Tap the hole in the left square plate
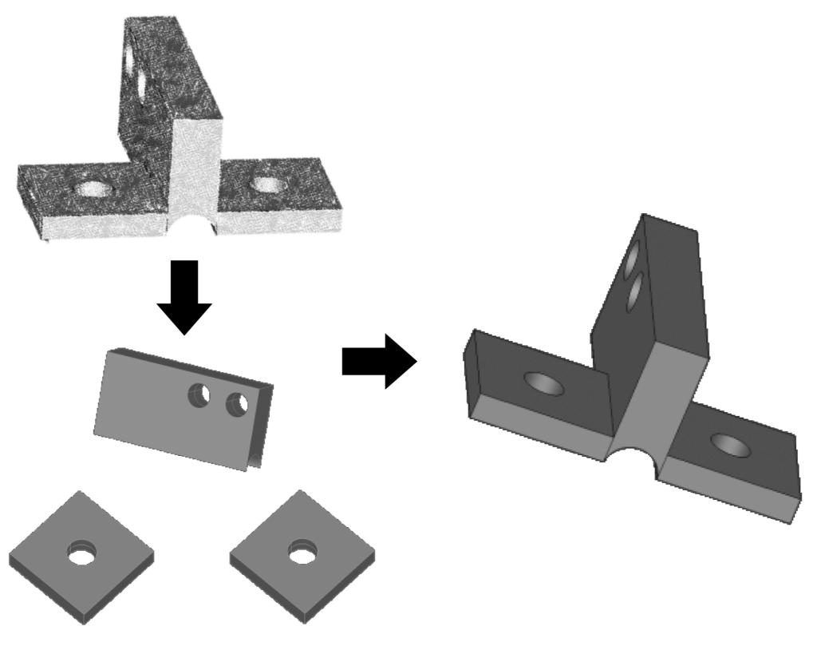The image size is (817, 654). pos(81,553)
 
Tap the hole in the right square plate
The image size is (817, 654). pos(302,552)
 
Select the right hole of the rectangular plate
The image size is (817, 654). pos(237,405)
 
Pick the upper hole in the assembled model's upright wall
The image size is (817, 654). pos(633,260)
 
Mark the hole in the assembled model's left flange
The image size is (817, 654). pos(543,386)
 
